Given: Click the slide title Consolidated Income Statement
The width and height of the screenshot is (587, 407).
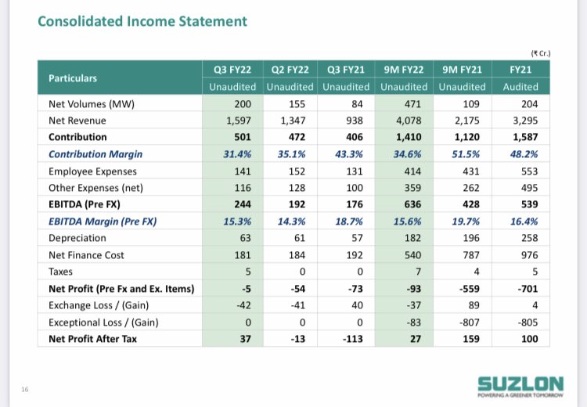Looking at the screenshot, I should click(142, 21).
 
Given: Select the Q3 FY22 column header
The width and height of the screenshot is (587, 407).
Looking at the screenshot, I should click(234, 70).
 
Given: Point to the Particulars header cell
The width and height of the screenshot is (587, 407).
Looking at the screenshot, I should click(73, 78).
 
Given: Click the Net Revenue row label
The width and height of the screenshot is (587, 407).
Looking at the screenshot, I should click(77, 121).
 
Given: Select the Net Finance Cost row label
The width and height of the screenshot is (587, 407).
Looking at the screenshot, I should click(86, 254).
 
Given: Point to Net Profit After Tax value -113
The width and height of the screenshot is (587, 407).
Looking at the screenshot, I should click(348, 338).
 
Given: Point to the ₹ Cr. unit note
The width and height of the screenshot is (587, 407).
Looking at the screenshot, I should click(541, 53).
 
